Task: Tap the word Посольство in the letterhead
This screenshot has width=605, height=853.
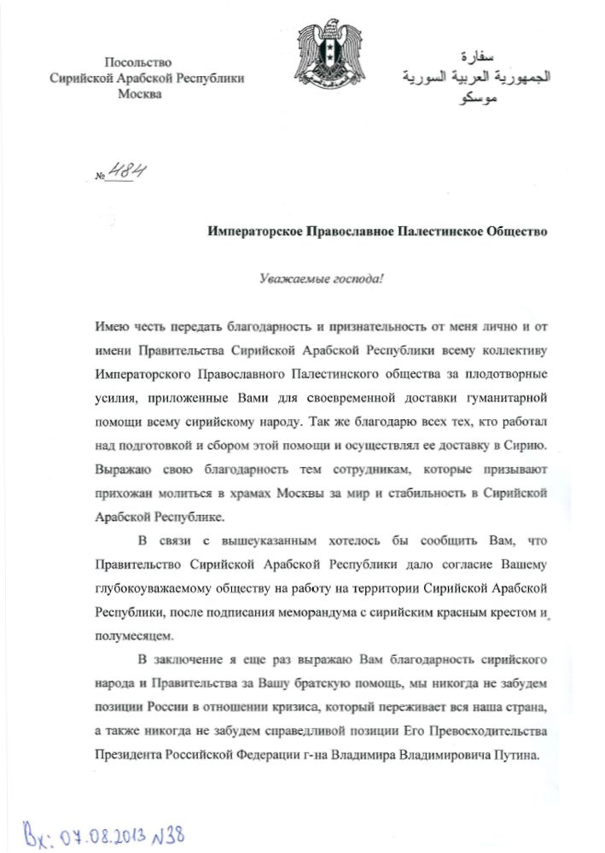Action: [x=137, y=62]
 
